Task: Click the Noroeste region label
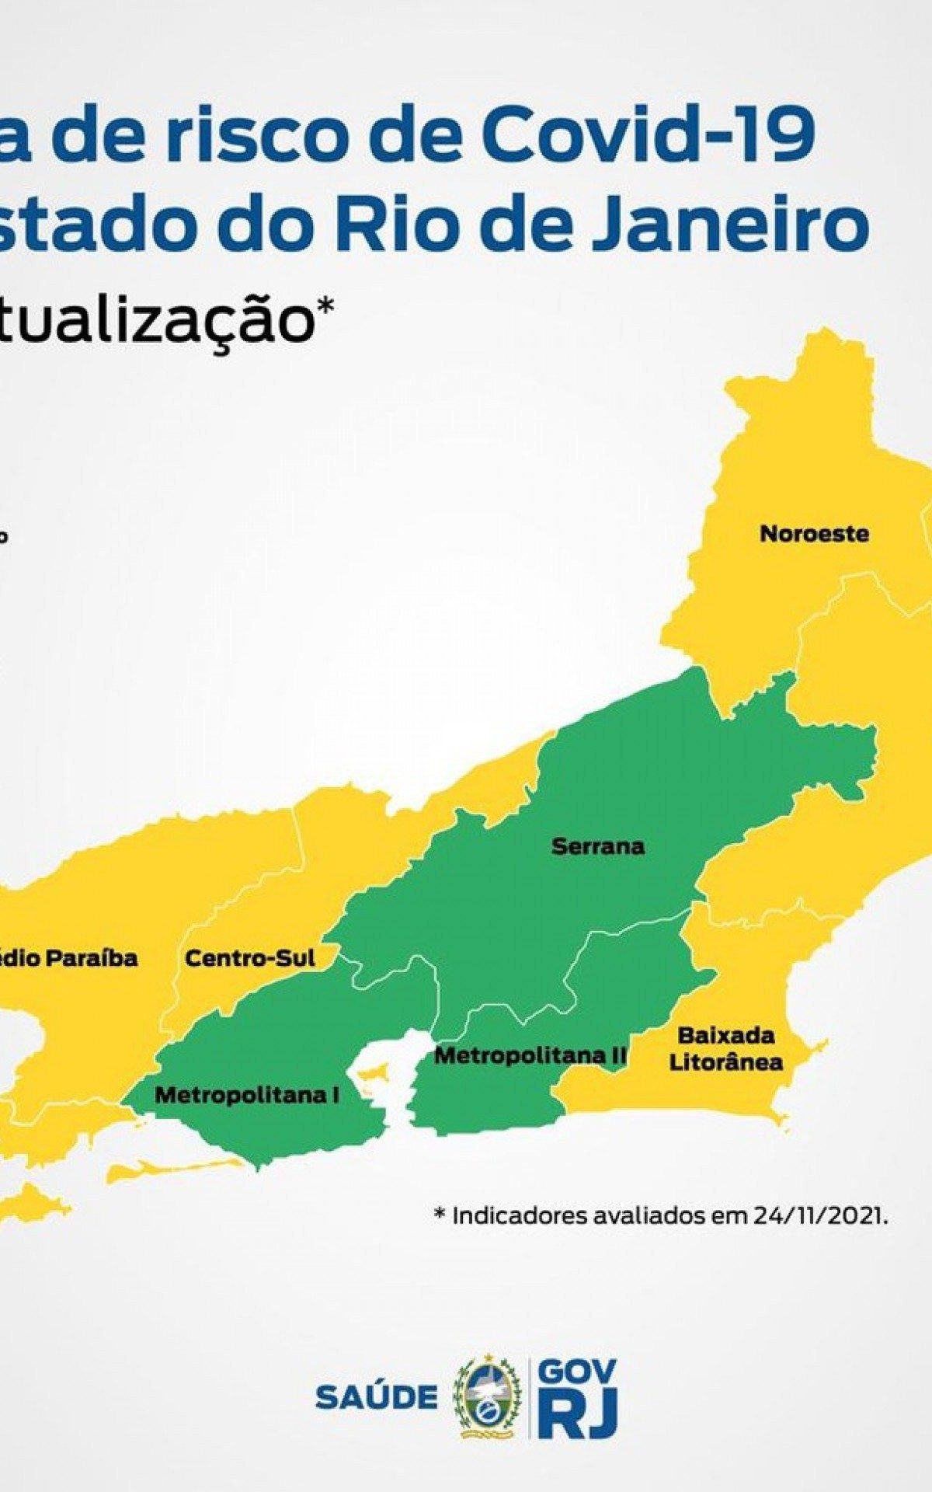click(814, 535)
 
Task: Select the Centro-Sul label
click(250, 958)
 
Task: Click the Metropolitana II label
click(530, 1056)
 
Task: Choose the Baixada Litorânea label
click(725, 1048)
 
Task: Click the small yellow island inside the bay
click(375, 1075)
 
